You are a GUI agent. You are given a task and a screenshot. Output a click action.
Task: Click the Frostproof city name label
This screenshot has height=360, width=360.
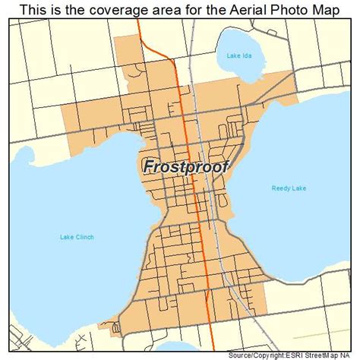(185, 166)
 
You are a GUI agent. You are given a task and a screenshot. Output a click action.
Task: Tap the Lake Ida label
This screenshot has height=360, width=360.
(238, 55)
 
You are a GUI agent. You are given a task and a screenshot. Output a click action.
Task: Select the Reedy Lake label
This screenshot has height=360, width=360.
(288, 188)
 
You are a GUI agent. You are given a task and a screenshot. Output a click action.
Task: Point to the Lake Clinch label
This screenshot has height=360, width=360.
(77, 238)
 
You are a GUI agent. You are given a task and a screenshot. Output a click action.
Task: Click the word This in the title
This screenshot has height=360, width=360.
(35, 9)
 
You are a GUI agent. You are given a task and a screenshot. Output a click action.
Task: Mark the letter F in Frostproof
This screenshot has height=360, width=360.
(147, 166)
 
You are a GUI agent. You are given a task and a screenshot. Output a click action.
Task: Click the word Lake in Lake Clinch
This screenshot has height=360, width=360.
(68, 238)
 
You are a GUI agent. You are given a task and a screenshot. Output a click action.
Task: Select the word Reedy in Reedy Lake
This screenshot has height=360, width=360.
(282, 188)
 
